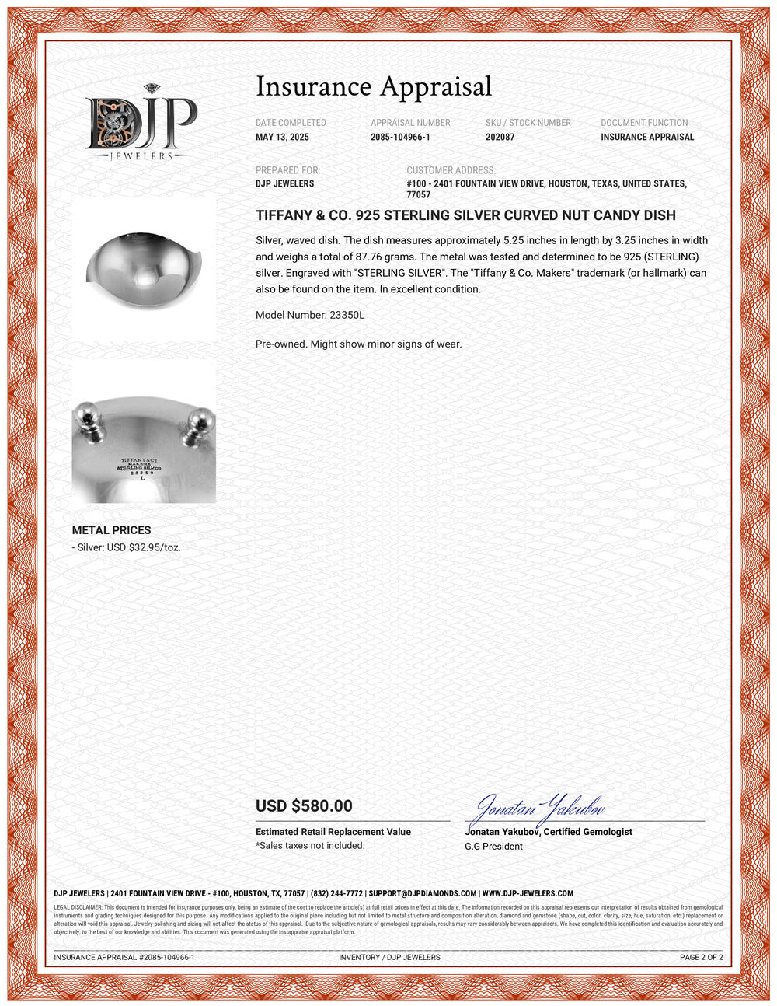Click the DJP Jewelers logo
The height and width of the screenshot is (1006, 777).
(x=141, y=123)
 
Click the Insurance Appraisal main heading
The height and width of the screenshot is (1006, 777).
(x=374, y=86)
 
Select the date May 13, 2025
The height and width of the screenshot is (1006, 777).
(x=282, y=137)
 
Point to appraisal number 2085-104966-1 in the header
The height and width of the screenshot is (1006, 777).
(x=400, y=137)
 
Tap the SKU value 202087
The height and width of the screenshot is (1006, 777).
(x=500, y=137)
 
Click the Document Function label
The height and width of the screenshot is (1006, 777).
(x=644, y=123)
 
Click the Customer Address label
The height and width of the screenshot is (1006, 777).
(x=451, y=170)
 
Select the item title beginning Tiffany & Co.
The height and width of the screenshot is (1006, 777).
(x=465, y=215)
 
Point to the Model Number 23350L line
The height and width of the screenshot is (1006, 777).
(x=309, y=315)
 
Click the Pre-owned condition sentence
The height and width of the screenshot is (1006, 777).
(x=358, y=344)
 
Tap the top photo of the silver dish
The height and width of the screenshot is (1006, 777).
(x=145, y=267)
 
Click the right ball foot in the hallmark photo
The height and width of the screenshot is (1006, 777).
(x=198, y=424)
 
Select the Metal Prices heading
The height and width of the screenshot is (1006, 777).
(x=111, y=530)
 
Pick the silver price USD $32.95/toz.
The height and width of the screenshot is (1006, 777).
(x=127, y=547)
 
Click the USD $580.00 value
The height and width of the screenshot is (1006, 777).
(x=304, y=806)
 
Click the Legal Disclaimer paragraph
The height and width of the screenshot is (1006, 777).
(x=388, y=919)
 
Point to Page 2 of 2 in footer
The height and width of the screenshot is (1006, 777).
(x=701, y=957)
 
